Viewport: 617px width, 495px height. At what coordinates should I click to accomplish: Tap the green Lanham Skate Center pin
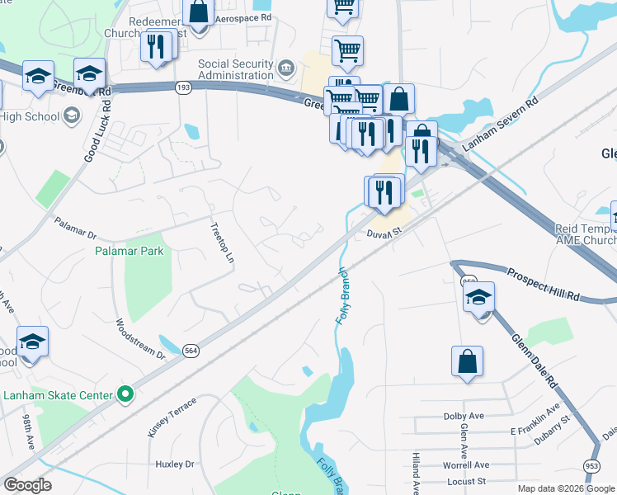(125, 395)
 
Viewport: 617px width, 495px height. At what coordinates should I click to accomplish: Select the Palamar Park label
(129, 251)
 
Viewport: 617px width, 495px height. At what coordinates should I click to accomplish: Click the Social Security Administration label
(235, 70)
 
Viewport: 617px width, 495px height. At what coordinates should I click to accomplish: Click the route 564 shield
(191, 350)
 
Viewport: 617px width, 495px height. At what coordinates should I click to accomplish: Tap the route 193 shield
(183, 87)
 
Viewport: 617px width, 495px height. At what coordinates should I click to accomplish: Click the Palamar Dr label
(75, 223)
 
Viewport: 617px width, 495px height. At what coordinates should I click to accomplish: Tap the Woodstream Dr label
(141, 338)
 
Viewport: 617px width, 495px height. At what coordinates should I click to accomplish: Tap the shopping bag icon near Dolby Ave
(467, 361)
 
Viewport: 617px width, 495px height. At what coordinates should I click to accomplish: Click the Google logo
(27, 485)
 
